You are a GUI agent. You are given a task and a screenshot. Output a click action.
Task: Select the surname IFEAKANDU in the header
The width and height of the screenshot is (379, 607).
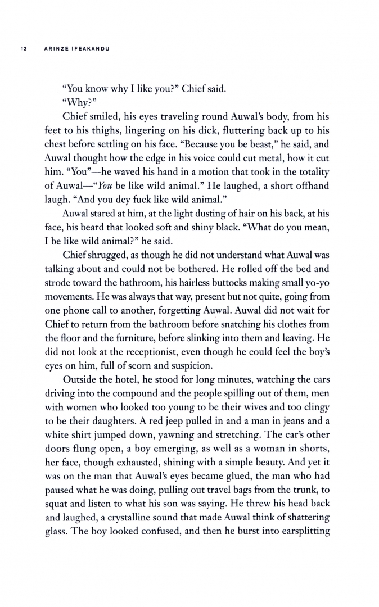coord(88,48)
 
